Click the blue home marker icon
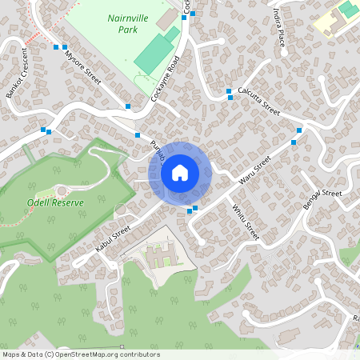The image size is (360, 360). [x=180, y=172]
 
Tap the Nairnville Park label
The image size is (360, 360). [x=122, y=23]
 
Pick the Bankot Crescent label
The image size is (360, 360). [x=17, y=73]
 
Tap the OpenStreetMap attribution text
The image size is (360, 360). [x=80, y=354]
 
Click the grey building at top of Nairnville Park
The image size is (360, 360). [x=166, y=18]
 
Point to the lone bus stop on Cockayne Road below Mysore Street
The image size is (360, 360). [x=127, y=106]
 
